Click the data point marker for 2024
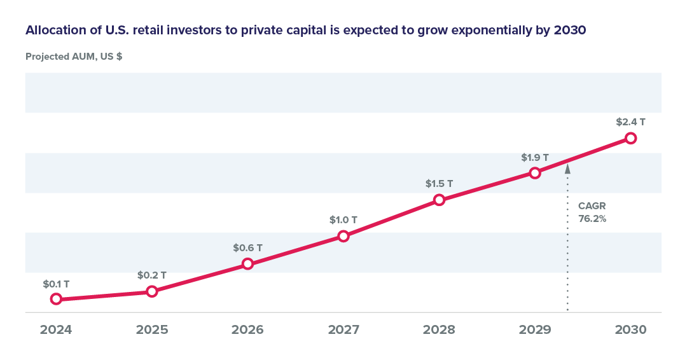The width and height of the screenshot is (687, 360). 56,299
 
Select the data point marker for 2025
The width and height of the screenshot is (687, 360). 152,291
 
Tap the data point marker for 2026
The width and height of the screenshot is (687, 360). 248,263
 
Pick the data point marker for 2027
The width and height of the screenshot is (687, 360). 343,236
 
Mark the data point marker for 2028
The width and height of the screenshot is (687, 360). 439,200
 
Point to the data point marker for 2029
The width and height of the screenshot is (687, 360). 535,172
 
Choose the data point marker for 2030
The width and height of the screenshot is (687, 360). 630,138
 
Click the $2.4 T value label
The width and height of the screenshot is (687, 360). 630,121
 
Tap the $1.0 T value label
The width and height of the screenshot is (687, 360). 343,220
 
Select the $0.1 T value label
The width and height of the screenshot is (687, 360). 56,283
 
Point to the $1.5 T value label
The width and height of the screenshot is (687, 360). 439,184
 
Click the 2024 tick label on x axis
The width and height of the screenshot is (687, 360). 56,330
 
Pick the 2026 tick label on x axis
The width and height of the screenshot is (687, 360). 247,330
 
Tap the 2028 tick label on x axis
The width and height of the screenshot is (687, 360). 439,330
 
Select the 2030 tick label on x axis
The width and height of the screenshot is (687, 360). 630,330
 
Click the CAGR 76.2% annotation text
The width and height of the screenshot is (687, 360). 591,212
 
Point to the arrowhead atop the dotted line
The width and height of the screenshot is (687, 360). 567,170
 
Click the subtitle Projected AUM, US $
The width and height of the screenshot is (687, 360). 74,57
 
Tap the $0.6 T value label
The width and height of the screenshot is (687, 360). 248,247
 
